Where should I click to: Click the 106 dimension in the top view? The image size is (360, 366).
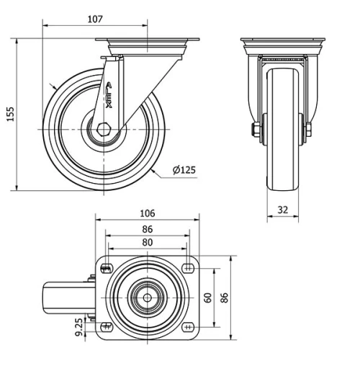click(147, 214)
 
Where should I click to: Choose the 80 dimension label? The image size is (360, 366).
click(147, 243)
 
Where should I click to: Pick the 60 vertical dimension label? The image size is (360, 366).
click(208, 297)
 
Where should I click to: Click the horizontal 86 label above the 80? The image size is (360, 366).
click(147, 228)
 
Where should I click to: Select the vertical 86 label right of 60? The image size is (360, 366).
click(224, 297)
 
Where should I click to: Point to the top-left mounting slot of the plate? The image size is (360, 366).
click(106, 269)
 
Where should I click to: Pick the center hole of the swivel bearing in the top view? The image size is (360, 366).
click(147, 297)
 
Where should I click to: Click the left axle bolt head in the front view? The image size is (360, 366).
click(256, 130)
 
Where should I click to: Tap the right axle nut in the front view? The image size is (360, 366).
click(309, 130)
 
